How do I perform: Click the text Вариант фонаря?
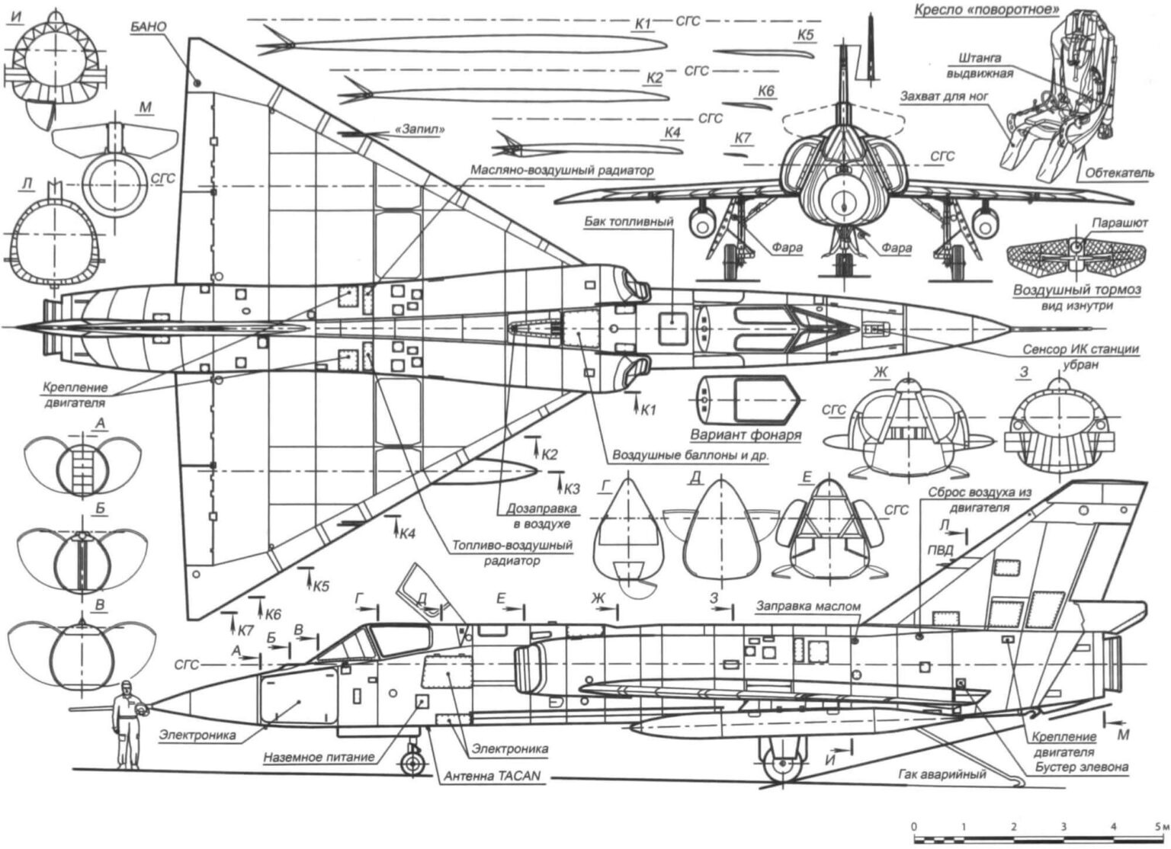coord(746,435)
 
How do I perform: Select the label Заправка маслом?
coord(808,606)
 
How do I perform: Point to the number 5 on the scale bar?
coord(1157,826)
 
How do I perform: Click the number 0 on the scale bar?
coord(913,826)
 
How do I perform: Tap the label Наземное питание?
coord(319,758)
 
